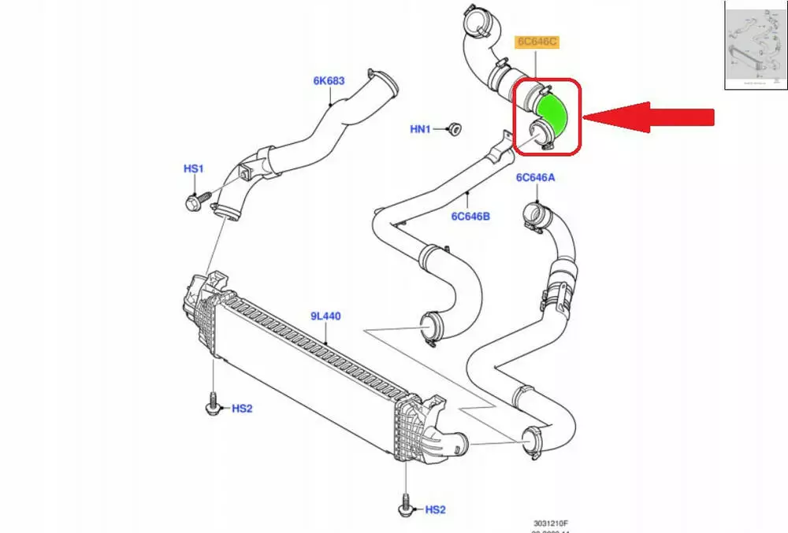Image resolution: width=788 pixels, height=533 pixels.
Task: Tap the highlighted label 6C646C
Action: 537,41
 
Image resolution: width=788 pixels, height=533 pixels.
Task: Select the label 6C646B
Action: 470,215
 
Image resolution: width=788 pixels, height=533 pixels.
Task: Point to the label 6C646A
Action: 535,178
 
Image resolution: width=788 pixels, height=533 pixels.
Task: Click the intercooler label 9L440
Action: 325,316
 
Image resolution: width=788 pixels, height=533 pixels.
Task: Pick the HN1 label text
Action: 420,129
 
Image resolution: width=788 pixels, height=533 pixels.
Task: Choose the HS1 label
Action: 193,168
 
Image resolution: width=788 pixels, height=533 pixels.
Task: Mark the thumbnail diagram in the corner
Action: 755,45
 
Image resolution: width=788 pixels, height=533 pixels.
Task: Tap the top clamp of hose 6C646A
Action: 532,212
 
